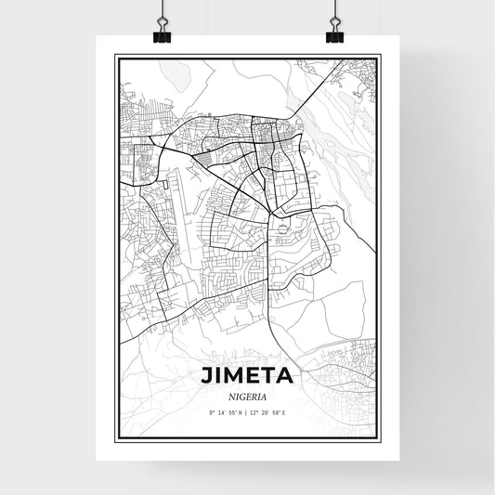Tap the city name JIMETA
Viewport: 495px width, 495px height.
click(246, 376)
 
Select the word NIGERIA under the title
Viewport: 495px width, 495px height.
click(246, 396)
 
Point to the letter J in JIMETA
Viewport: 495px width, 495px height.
click(205, 376)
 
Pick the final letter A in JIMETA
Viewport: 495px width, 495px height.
click(286, 376)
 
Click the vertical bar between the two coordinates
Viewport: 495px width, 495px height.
click(247, 411)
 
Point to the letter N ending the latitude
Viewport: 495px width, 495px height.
click(241, 411)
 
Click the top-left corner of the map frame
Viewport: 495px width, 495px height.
click(115, 55)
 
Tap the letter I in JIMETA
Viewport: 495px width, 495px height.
click(215, 376)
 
